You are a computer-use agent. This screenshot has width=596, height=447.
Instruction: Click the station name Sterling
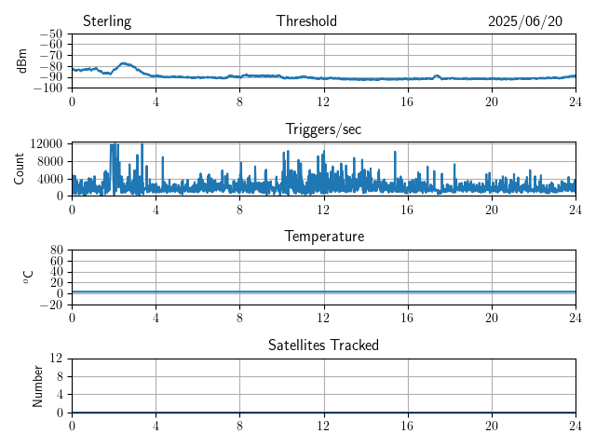click(107, 21)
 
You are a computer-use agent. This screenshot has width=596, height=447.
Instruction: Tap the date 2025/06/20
click(525, 21)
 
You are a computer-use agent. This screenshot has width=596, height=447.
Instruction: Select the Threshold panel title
click(306, 20)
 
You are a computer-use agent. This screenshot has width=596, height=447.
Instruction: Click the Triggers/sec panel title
click(323, 129)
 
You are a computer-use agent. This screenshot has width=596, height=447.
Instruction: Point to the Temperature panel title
click(324, 237)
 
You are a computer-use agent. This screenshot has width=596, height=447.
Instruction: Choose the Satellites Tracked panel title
click(323, 345)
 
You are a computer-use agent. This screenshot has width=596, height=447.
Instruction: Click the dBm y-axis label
click(21, 61)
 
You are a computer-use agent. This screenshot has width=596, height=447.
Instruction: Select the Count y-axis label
click(19, 169)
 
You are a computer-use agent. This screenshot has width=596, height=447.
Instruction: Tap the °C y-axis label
click(28, 278)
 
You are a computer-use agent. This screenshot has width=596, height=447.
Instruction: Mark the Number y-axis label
click(37, 386)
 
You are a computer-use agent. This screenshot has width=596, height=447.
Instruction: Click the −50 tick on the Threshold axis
click(51, 34)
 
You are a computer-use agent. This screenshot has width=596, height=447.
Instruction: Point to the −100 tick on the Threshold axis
click(47, 88)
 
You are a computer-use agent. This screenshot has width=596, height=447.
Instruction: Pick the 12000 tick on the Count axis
click(47, 143)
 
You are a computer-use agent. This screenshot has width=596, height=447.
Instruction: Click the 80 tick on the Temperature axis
click(56, 251)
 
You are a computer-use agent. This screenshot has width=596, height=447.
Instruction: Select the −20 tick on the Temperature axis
click(51, 305)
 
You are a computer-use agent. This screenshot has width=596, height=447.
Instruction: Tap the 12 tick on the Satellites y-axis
click(56, 358)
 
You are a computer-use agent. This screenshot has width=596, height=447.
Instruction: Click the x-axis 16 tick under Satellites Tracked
click(407, 427)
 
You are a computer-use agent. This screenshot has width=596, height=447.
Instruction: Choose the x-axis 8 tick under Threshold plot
click(239, 102)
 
